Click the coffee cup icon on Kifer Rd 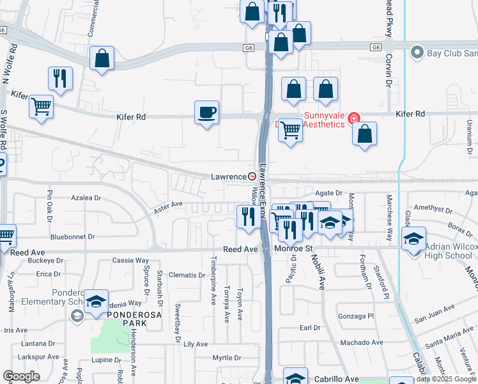[206, 113]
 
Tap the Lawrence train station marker [252, 176]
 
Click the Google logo [21, 376]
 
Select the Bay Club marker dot [417, 52]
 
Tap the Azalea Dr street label [86, 198]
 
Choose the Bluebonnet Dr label [72, 236]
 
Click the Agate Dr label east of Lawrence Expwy [329, 193]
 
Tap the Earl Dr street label [310, 328]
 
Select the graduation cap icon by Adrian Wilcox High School [413, 239]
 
